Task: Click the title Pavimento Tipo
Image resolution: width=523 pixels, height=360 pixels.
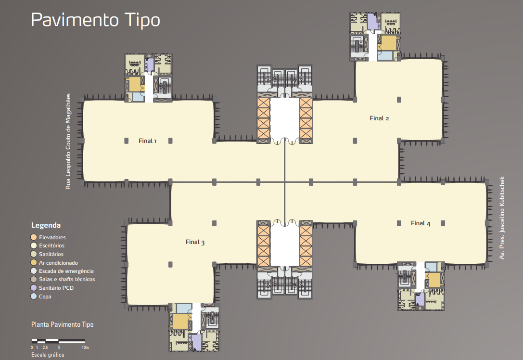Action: point(95,20)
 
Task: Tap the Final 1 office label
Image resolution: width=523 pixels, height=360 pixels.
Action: point(147,141)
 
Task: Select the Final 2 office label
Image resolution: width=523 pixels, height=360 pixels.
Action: point(379,118)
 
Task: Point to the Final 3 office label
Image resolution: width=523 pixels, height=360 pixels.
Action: point(195,242)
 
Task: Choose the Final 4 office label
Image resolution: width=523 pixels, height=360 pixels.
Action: point(421,223)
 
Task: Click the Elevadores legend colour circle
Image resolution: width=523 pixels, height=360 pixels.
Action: point(34,237)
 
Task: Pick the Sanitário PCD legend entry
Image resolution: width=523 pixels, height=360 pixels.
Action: point(52,288)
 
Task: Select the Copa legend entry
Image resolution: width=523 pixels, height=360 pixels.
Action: point(41,296)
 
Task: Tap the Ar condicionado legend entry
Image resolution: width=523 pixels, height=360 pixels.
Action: point(54,263)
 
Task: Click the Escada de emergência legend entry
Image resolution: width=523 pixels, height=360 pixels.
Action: point(62,271)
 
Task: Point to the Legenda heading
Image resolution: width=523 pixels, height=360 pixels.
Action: point(46,225)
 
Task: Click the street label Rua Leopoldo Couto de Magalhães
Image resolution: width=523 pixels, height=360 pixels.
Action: point(68,141)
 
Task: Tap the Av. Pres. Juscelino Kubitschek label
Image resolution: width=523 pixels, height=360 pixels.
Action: point(502,218)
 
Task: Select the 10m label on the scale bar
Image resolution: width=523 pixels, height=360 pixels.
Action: point(85,347)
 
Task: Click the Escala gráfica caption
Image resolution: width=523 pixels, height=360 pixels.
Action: point(48,355)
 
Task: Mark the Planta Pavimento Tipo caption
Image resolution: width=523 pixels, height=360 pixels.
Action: point(63,324)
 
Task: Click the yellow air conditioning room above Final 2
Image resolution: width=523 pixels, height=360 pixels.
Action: point(388,43)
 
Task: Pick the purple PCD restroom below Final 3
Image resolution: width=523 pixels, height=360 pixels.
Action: point(196,342)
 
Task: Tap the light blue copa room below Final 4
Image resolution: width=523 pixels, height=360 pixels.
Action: point(431,267)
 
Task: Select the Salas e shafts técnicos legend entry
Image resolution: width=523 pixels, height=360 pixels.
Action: point(63,279)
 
